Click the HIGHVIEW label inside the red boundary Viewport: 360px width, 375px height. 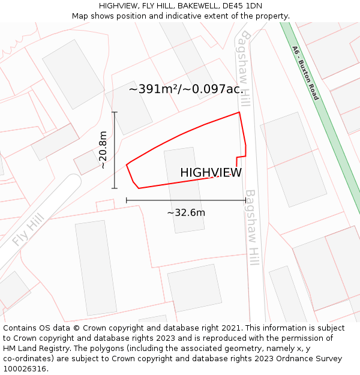point(211,173)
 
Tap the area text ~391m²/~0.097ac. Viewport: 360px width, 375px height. point(185,89)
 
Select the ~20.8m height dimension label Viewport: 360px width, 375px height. point(103,150)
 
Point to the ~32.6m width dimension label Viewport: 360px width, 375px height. point(186,212)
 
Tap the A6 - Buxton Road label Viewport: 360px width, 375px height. point(305,73)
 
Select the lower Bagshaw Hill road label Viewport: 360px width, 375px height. point(253,231)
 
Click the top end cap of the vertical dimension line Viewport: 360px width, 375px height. point(115,112)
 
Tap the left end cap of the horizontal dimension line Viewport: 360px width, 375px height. point(127,200)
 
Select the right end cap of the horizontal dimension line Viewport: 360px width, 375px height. point(245,200)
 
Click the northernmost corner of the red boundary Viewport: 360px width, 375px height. point(239,112)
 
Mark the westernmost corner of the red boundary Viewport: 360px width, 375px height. point(127,164)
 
